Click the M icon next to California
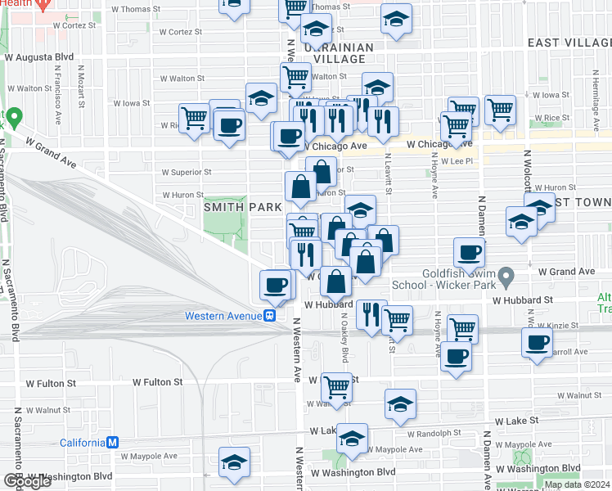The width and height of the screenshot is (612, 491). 114,443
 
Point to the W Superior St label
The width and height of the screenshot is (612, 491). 187,173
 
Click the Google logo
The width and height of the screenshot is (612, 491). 27,481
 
